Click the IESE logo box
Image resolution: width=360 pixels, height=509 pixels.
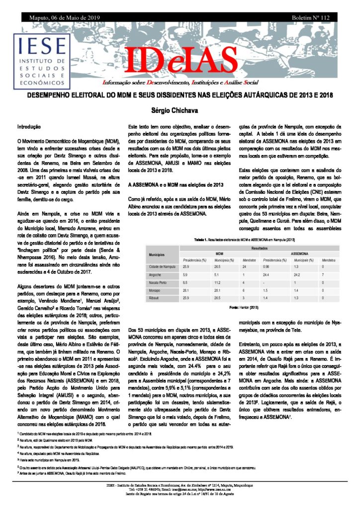click(42, 59)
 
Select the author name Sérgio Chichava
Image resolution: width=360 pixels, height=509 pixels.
click(180, 109)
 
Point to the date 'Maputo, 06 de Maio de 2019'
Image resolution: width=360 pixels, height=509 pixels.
click(59, 17)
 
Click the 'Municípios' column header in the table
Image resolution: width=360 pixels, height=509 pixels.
click(157, 254)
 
